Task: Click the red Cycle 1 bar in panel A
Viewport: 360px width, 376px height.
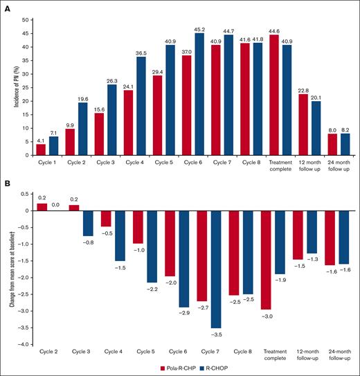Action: click(x=41, y=150)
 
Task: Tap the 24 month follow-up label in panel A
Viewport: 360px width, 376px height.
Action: click(x=336, y=168)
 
